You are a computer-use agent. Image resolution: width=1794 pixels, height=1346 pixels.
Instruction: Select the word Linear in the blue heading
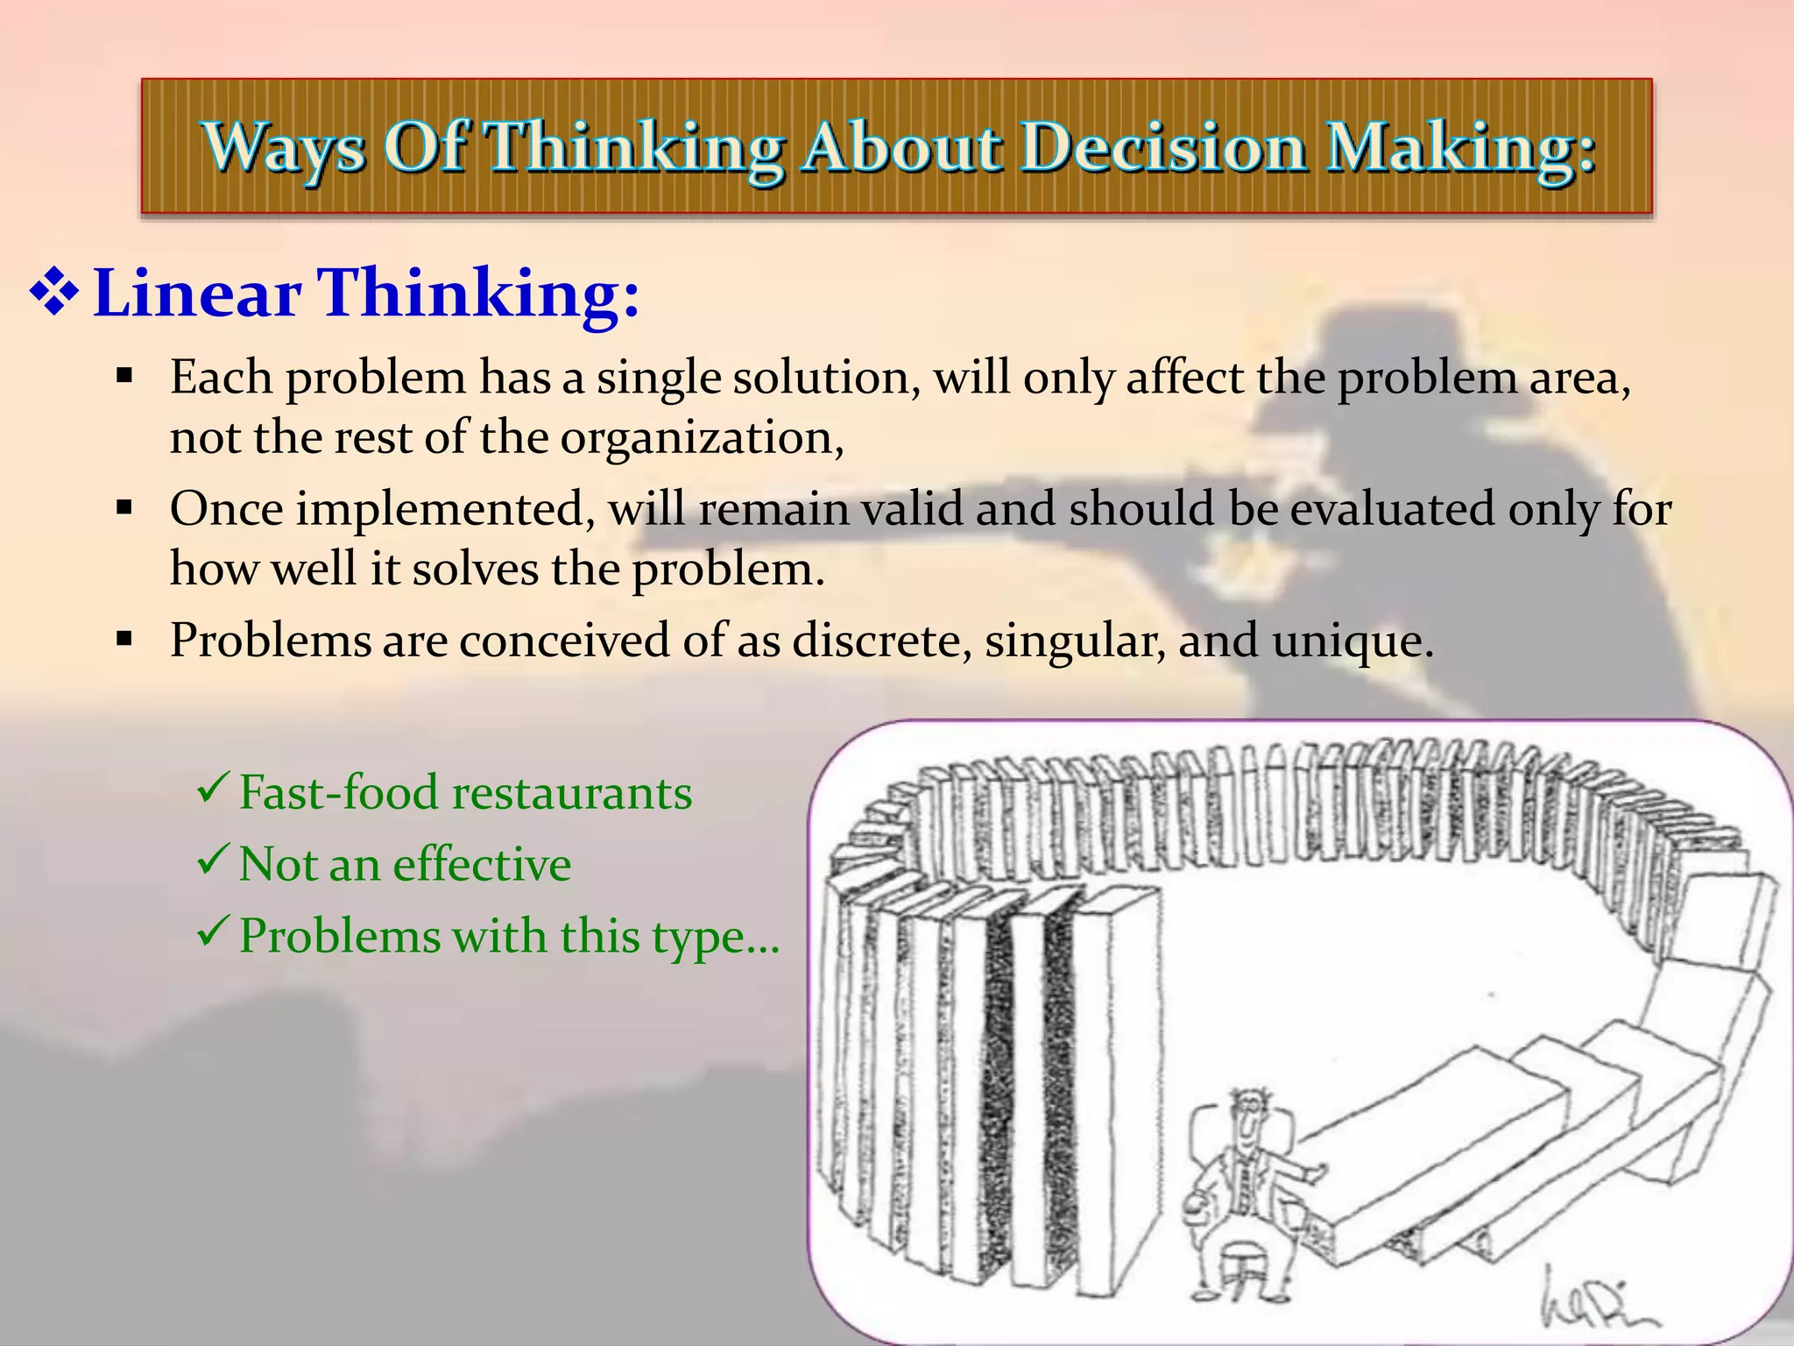tap(197, 293)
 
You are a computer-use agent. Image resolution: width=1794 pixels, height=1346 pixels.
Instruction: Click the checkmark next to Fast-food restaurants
tap(214, 788)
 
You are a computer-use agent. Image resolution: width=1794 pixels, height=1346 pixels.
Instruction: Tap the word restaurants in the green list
tap(572, 793)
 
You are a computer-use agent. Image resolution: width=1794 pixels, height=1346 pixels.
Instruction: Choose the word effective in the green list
tap(482, 865)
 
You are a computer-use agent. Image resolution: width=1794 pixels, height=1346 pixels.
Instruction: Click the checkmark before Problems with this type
tap(214, 931)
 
